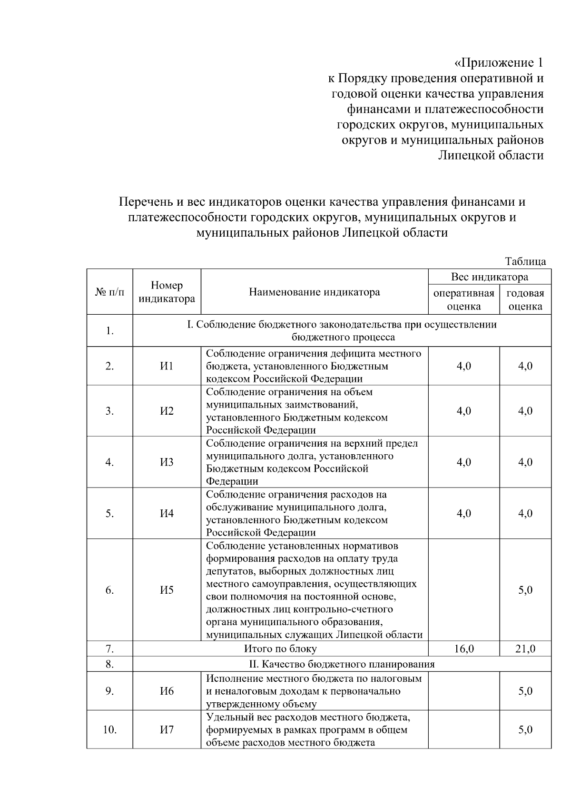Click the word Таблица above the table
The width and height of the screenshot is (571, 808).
[525, 261]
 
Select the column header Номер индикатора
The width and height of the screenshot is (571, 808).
[167, 292]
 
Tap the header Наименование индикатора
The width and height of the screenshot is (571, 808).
[315, 292]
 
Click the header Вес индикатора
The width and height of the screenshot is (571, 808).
[490, 277]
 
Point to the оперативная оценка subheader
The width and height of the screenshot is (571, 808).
[464, 299]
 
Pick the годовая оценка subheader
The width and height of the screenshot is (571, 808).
[525, 299]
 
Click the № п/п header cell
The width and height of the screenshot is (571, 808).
[109, 292]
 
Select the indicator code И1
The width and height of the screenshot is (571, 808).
[167, 366]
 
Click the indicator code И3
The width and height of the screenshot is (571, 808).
[167, 462]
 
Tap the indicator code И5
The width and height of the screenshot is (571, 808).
[167, 590]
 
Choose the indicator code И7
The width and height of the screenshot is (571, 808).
[167, 730]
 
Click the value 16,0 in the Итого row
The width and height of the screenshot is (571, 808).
[464, 648]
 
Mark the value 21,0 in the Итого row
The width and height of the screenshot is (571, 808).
[525, 648]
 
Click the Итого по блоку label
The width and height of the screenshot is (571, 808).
[280, 648]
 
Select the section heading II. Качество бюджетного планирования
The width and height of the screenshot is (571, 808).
[342, 664]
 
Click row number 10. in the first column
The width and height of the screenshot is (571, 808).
[109, 730]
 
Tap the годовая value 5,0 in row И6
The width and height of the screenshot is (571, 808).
[525, 691]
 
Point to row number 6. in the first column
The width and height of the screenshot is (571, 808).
[109, 590]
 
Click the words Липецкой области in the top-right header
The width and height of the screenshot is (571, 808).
[491, 156]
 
